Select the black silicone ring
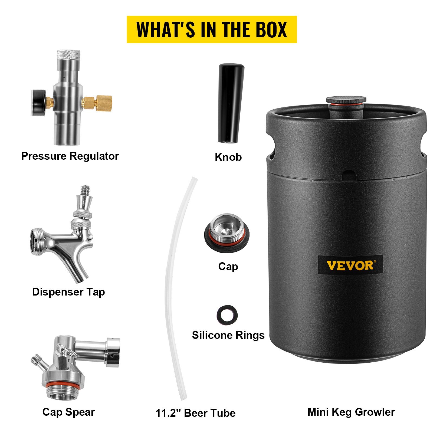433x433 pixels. [x=227, y=315]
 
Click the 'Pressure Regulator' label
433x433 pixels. [x=70, y=156]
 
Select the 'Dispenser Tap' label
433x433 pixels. [x=68, y=292]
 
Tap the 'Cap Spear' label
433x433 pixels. [x=68, y=412]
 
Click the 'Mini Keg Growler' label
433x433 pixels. [x=351, y=412]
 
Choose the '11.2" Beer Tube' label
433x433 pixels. [x=195, y=413]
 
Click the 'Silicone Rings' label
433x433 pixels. [x=228, y=335]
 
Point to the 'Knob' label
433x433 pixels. [x=228, y=157]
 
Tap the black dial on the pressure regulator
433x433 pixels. [x=39, y=103]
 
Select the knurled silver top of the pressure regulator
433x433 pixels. [x=68, y=54]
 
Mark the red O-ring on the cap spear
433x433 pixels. [x=63, y=385]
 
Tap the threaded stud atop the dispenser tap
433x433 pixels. [x=86, y=191]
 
